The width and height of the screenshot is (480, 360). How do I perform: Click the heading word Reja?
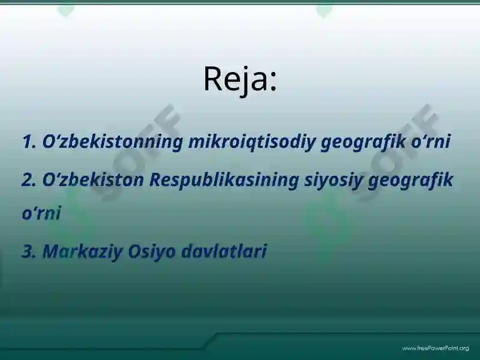(240, 79)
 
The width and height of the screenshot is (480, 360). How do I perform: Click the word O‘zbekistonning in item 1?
(112, 142)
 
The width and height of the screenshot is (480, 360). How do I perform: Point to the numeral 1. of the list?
(29, 142)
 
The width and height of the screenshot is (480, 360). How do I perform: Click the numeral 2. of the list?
(29, 179)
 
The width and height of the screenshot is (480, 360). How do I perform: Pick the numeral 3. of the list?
(29, 251)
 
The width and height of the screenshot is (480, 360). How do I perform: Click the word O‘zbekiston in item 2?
(92, 179)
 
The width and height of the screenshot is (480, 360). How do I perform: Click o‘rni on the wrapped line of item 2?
(41, 214)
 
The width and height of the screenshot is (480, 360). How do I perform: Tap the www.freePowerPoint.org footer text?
(435, 348)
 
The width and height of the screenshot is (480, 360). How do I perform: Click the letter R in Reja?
(212, 79)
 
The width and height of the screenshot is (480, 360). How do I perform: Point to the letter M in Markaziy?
(50, 251)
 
